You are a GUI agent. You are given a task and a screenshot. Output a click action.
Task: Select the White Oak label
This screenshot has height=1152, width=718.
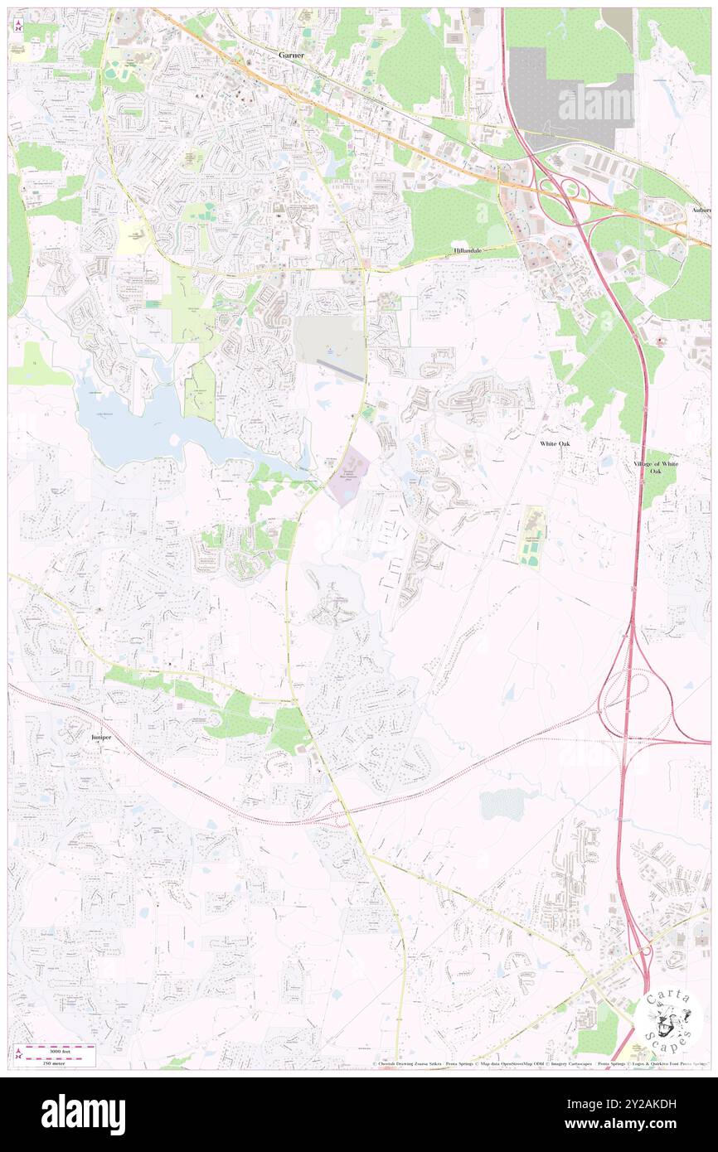(555, 444)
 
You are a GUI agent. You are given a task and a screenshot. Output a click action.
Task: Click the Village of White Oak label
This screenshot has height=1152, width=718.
(656, 467)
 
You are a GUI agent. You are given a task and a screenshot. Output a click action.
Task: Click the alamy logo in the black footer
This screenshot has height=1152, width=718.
(83, 1115)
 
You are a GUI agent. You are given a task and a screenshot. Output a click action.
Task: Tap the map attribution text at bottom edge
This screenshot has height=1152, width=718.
(539, 1063)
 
